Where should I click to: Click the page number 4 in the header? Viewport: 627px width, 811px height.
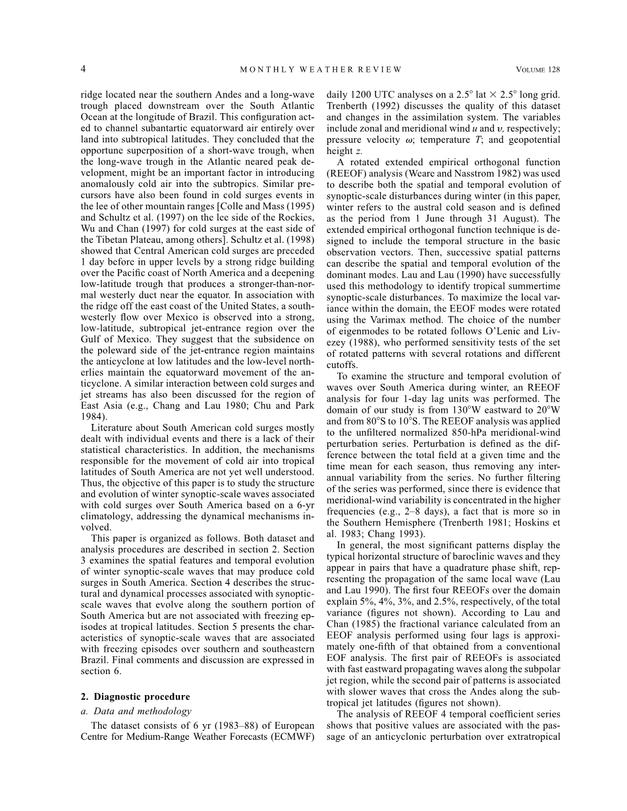83,69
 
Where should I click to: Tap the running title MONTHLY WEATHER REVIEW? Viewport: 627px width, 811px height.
321,70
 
